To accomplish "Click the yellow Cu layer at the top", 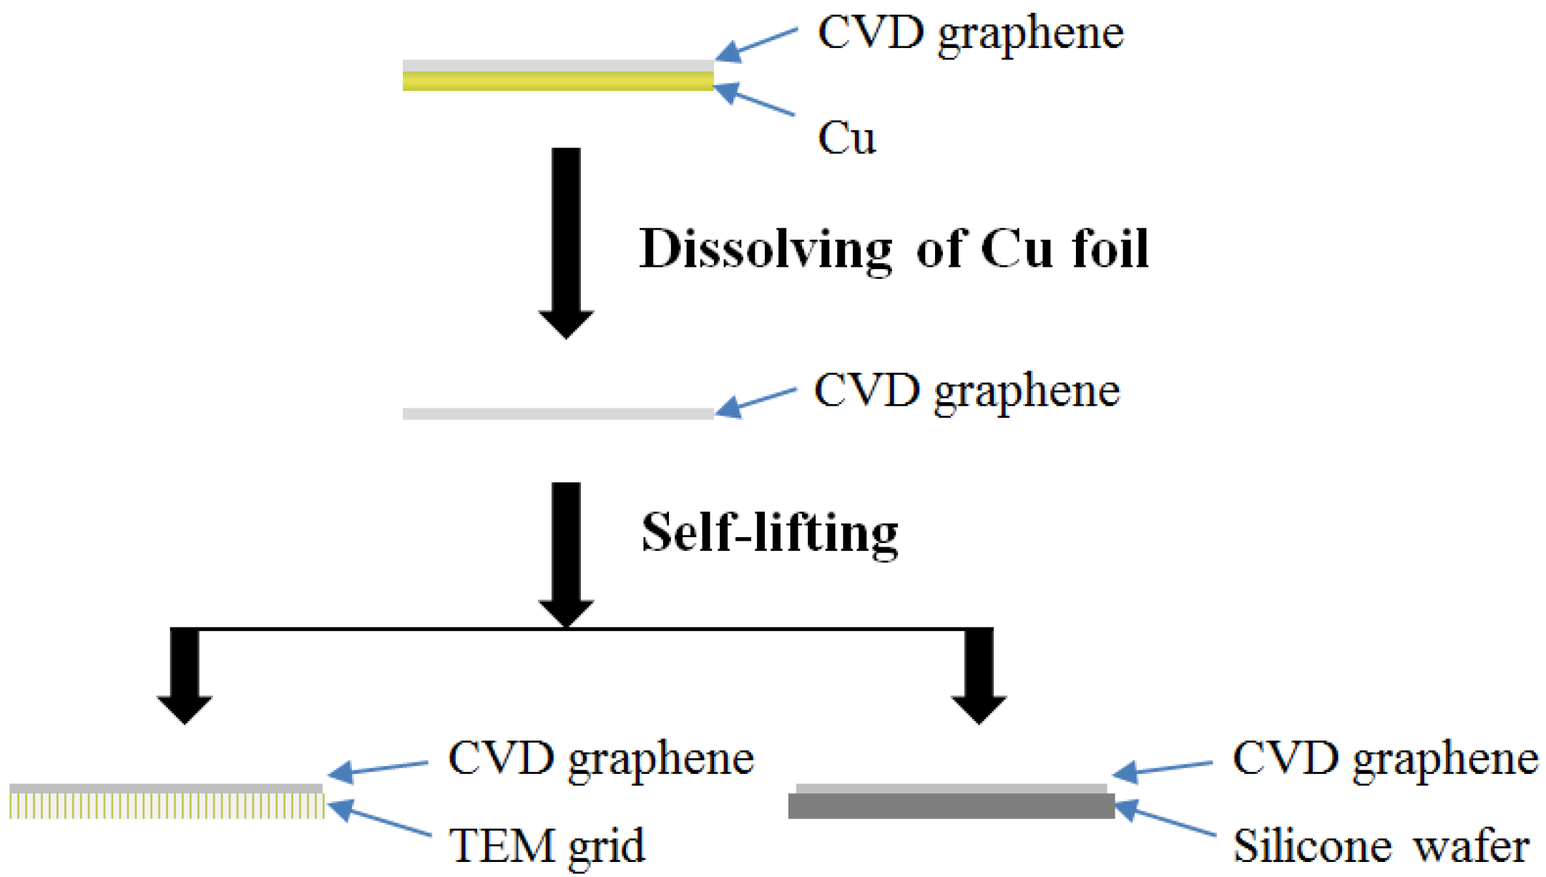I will [557, 82].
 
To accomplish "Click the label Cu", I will [846, 137].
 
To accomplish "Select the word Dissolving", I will [765, 250].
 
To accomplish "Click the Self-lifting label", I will [770, 533].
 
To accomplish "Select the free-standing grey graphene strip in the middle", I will [557, 413].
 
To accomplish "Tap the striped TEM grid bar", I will [166, 805].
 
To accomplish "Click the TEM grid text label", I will [547, 846].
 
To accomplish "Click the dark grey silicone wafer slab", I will [951, 806].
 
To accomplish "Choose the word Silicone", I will [1312, 846].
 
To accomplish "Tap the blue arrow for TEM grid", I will [379, 820].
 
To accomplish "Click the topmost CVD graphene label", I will [971, 33].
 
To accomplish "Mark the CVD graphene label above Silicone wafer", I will [1385, 758].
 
